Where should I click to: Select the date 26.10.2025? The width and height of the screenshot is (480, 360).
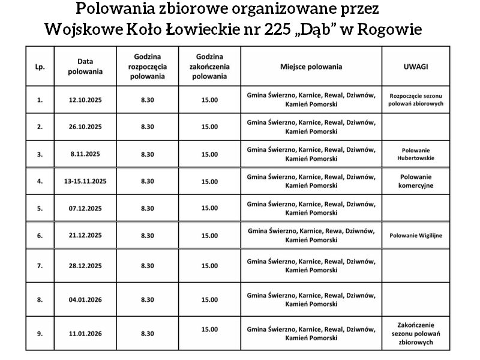(x=86, y=127)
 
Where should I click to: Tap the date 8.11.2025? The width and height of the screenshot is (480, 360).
(x=85, y=154)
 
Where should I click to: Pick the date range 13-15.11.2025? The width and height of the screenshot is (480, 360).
(x=85, y=181)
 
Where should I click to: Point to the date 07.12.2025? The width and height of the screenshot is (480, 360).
(x=86, y=208)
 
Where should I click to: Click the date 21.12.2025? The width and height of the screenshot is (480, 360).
(x=86, y=236)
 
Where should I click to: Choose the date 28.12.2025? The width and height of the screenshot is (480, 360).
(x=86, y=265)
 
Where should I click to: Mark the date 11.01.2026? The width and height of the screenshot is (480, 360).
(x=86, y=334)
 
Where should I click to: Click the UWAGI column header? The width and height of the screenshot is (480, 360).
(x=415, y=67)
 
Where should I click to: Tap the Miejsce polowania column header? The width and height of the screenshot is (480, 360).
(x=311, y=67)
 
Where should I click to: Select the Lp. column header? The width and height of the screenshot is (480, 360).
(x=40, y=67)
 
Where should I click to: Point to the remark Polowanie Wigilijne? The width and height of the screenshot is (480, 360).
(x=415, y=236)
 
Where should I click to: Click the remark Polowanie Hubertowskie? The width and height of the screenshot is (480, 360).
(x=415, y=154)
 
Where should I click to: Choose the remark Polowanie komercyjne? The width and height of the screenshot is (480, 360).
(x=415, y=181)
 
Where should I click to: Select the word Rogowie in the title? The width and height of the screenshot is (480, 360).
(x=389, y=29)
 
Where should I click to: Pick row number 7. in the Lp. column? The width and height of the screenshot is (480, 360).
(x=40, y=265)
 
